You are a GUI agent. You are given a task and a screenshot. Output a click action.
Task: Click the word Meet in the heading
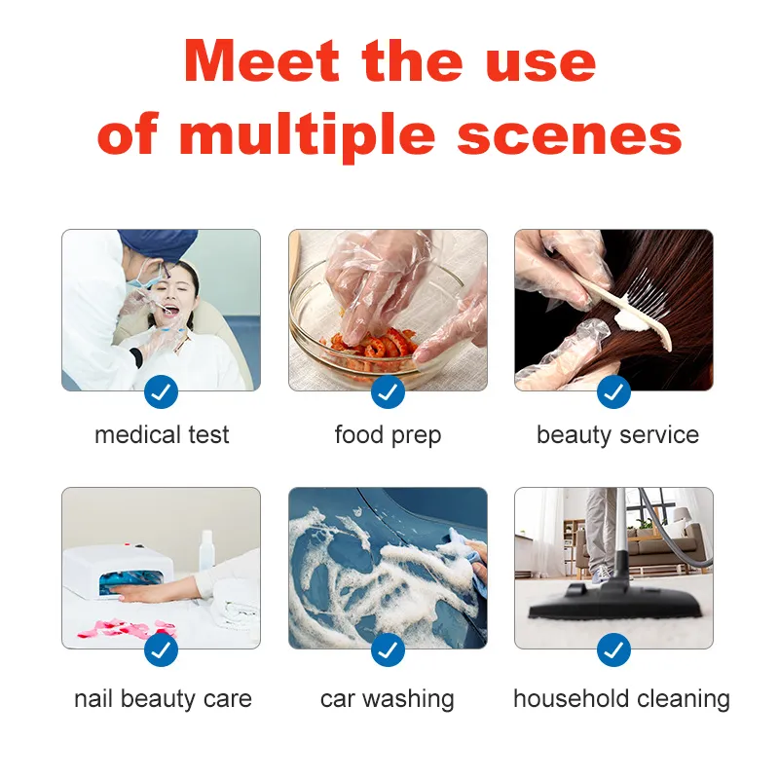point(261,60)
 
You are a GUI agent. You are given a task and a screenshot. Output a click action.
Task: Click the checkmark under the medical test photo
point(161,392)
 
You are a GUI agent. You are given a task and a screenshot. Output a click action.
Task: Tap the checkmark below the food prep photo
point(388,392)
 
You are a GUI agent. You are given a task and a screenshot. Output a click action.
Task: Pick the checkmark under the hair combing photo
point(613,392)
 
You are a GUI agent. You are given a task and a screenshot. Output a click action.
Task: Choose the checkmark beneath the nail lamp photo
point(161,649)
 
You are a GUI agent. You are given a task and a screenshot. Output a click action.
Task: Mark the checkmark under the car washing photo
point(388,649)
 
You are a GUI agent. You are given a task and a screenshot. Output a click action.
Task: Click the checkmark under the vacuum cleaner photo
point(613,649)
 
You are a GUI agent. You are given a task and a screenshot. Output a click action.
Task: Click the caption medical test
point(162,435)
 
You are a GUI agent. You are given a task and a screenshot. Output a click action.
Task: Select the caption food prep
point(388,435)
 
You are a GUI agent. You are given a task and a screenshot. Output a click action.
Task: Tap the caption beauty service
point(617,435)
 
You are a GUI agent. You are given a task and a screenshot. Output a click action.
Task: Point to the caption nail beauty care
point(163,699)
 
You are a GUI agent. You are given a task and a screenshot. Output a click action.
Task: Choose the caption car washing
point(387,699)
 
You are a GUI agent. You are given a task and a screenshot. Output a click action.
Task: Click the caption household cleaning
point(621,699)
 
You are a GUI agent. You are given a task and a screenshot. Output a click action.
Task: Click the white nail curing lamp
point(118,571)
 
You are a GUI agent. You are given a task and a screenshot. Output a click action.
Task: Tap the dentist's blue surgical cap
point(158,243)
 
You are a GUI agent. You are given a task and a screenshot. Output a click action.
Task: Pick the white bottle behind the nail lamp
point(206,550)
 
